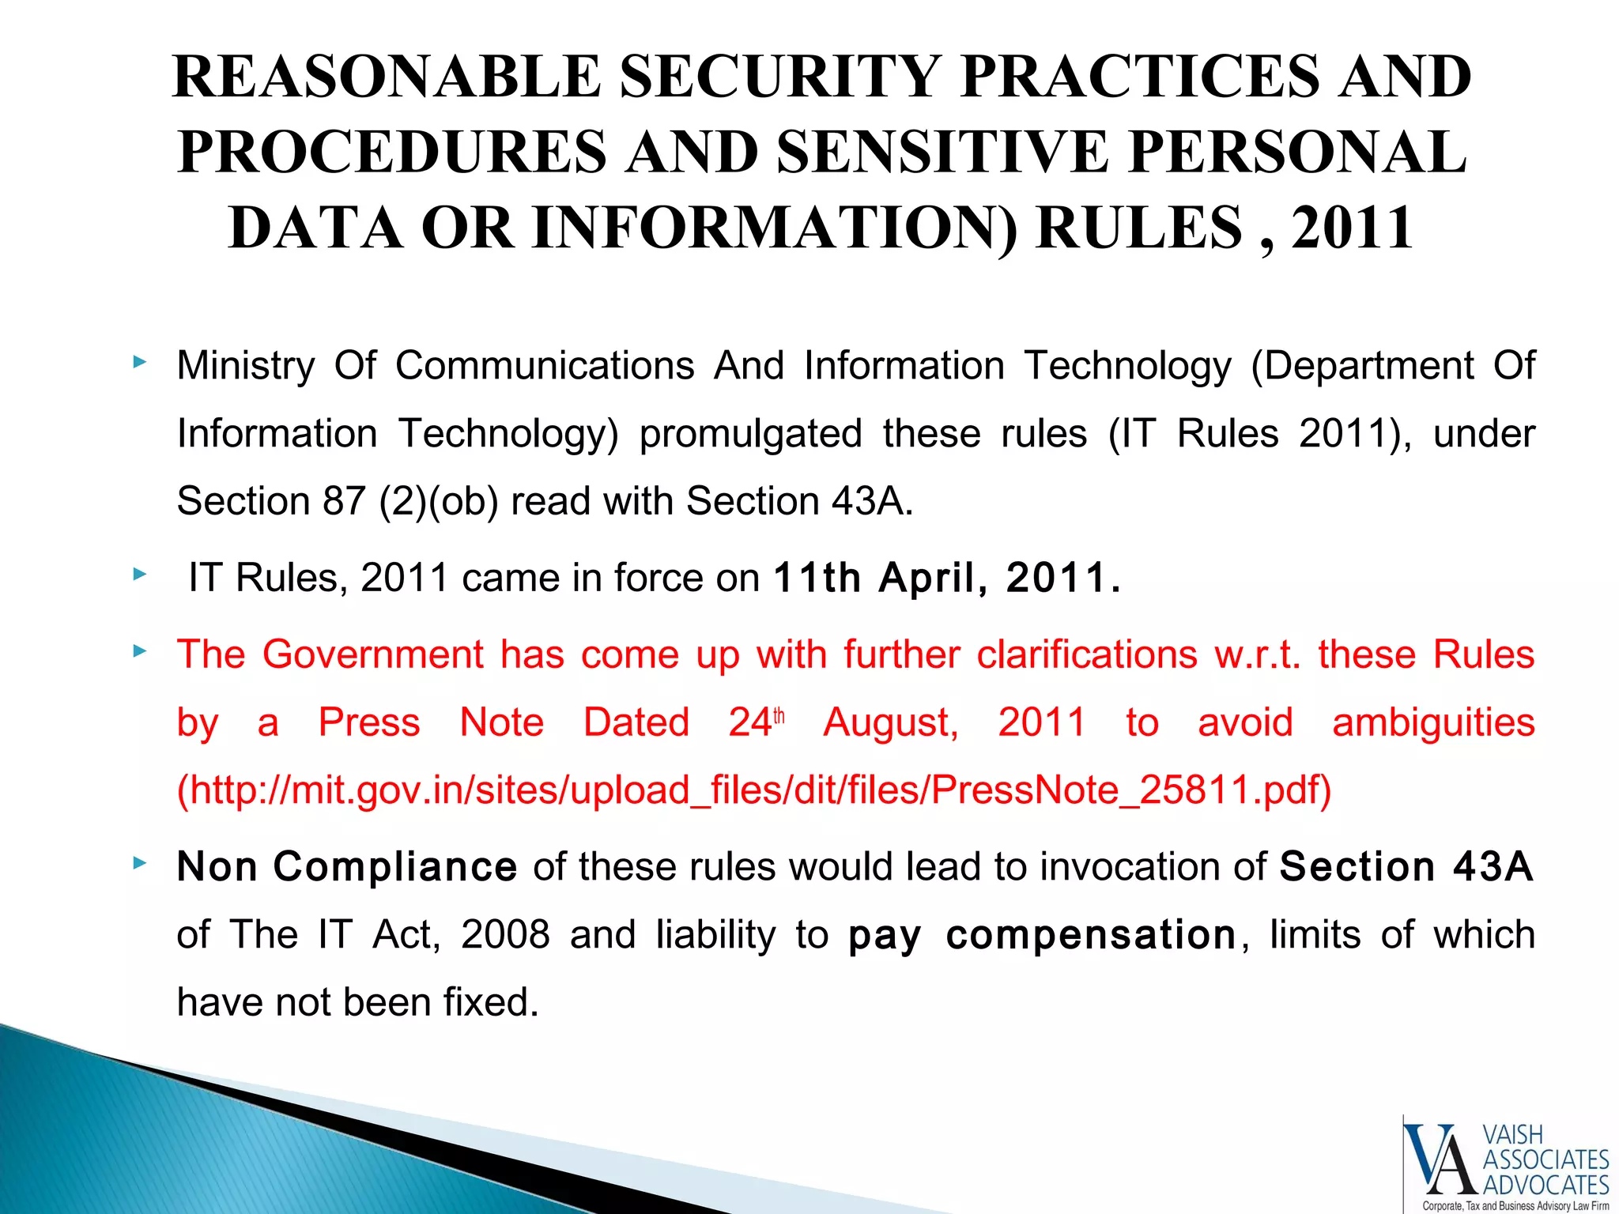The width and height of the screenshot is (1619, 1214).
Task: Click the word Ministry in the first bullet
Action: (246, 366)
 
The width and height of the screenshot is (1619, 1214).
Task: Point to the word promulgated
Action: (750, 434)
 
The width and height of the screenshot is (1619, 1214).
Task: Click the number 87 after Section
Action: (343, 501)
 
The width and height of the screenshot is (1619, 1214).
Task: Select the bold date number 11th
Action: (818, 578)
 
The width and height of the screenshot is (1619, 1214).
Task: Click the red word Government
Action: (373, 654)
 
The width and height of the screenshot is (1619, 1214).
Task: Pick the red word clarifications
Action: (1087, 654)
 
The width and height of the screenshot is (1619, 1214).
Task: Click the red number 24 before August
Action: (749, 722)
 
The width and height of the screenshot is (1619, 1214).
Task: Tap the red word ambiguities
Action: (1433, 722)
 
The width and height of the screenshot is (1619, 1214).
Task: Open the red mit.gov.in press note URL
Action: (754, 790)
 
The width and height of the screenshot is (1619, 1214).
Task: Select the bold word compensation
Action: (1091, 935)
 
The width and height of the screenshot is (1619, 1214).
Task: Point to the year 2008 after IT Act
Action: (505, 935)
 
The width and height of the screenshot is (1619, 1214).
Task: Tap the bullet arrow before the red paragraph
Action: (140, 651)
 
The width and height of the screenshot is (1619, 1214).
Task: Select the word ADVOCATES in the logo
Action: (1545, 1185)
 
